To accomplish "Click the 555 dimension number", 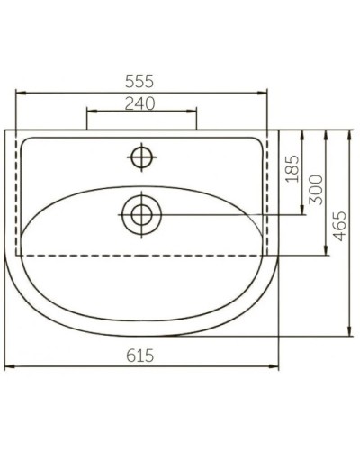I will tap(141, 79).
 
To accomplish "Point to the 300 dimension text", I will tap(315, 190).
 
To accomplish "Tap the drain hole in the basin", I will tap(140, 214).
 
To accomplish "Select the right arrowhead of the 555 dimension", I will tap(265, 91).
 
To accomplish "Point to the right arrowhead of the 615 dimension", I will tap(275, 366).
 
